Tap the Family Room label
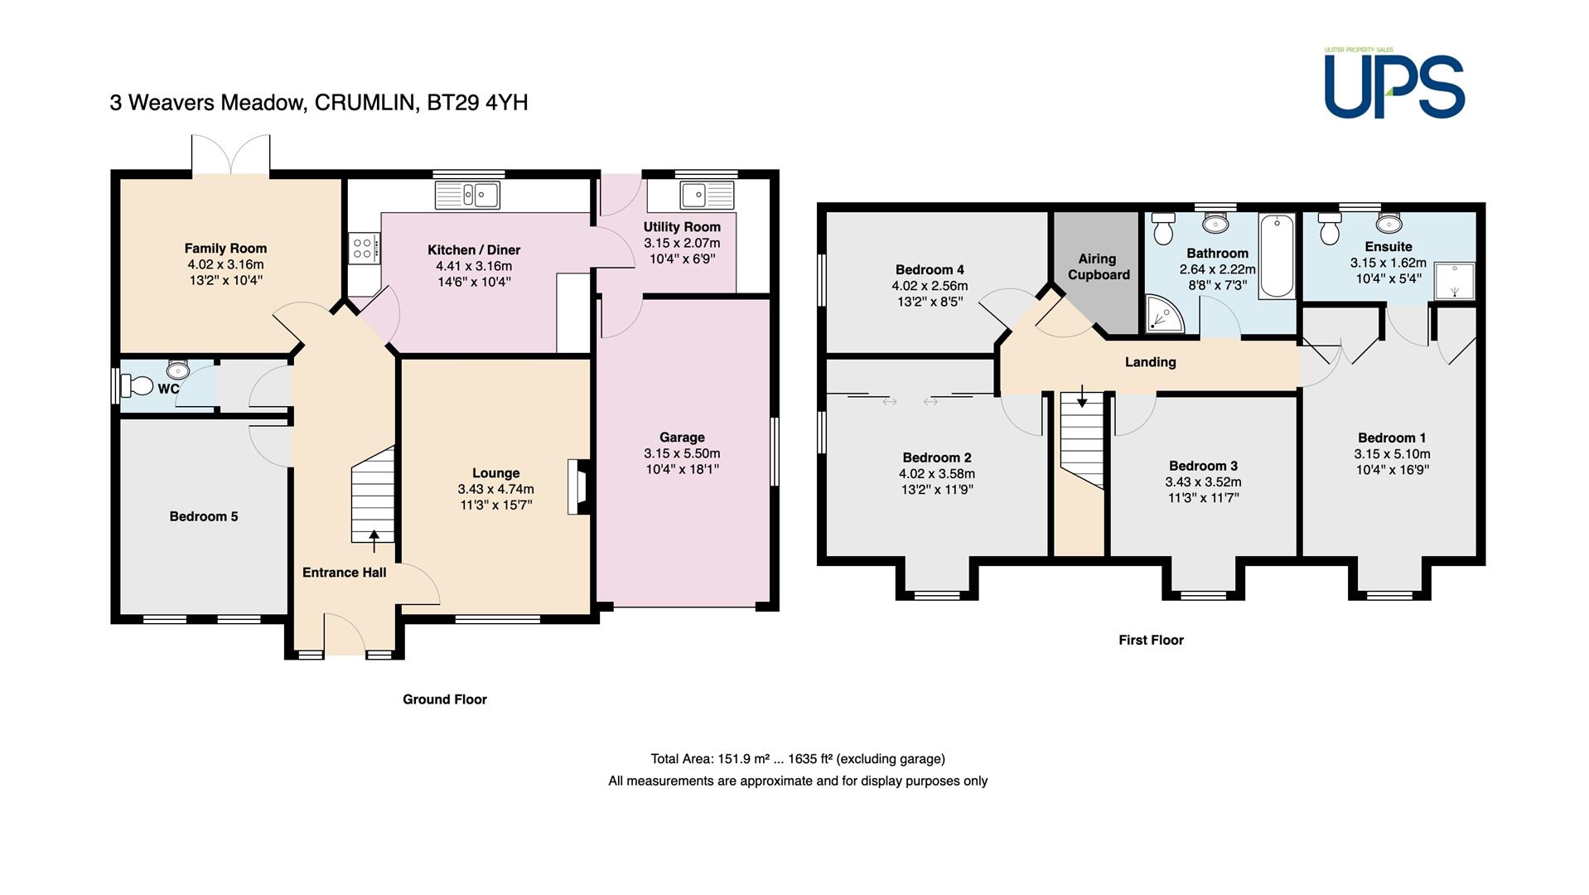click(225, 248)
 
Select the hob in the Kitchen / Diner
click(364, 247)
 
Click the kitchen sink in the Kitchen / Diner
click(467, 195)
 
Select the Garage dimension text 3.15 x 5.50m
click(682, 453)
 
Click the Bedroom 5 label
click(204, 516)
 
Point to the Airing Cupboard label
click(1099, 267)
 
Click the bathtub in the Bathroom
click(1277, 255)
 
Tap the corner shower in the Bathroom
click(1164, 316)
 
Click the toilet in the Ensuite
click(1331, 230)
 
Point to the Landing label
click(1150, 362)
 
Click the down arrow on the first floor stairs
click(1082, 397)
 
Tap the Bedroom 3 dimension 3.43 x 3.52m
click(1204, 481)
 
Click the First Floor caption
click(1151, 640)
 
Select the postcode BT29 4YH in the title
click(477, 103)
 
